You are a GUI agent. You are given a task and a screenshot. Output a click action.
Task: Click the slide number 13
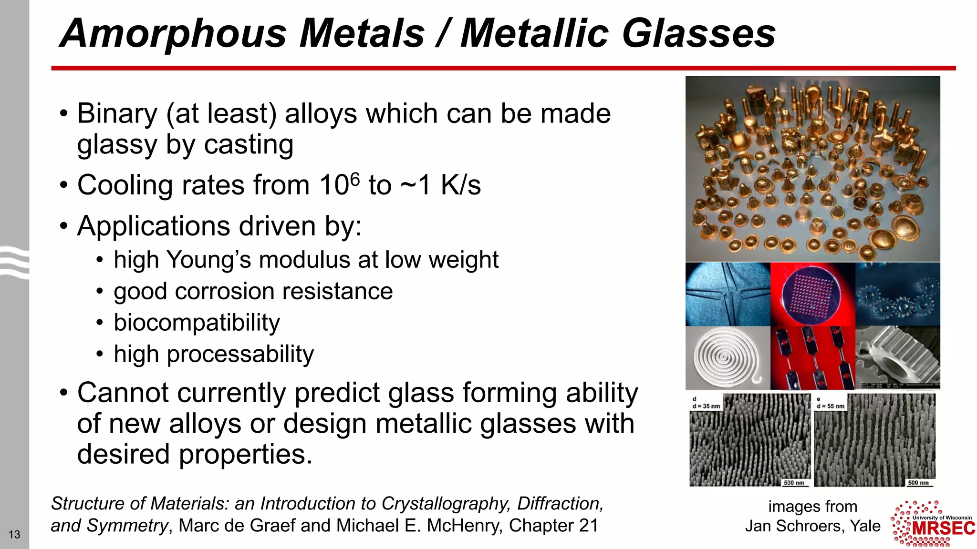pos(14,534)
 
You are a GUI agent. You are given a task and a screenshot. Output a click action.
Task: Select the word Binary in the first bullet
pos(117,114)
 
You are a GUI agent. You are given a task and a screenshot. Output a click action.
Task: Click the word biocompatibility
pos(197,323)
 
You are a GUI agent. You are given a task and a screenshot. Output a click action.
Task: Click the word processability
pos(240,354)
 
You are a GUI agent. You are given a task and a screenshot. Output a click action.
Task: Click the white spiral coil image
pos(727,357)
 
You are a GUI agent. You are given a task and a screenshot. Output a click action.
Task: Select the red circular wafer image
pos(812,294)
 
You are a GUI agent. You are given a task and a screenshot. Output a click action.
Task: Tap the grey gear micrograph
pos(898,357)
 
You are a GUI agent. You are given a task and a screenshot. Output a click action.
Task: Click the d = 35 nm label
pos(706,406)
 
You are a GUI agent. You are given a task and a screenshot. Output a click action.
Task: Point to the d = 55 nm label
pos(831,406)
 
